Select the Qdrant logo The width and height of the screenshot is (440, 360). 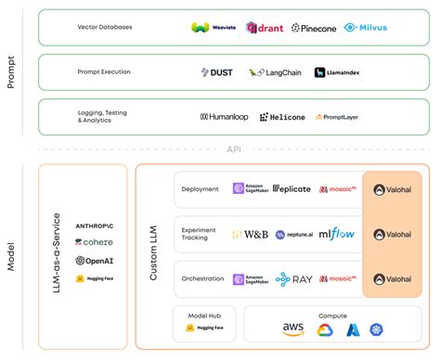click(265, 28)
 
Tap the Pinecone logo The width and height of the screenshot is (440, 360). click(313, 29)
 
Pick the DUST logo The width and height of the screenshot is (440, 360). click(216, 72)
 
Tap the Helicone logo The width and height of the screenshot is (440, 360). click(282, 117)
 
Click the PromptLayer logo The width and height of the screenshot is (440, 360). click(338, 117)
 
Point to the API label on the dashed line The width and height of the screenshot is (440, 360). click(234, 149)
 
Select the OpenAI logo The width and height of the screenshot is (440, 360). click(94, 261)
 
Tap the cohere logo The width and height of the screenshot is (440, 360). click(94, 242)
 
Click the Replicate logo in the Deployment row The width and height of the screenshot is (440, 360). click(291, 188)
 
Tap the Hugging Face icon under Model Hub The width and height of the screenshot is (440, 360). click(189, 328)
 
